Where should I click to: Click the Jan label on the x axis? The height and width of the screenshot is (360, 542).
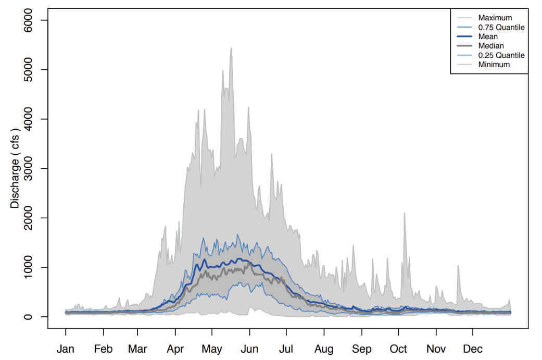point(66,349)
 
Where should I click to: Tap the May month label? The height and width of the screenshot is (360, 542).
point(211,349)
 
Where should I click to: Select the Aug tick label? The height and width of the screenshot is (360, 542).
point(324,349)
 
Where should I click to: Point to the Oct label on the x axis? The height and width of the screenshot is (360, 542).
point(398,349)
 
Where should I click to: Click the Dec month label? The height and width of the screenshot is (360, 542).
point(473,349)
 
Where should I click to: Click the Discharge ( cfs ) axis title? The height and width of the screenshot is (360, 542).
point(15,168)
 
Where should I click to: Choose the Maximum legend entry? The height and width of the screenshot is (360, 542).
point(495,18)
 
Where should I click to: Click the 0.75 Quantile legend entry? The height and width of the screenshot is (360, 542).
point(501,27)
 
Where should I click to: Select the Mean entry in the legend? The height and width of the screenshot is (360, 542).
point(488,36)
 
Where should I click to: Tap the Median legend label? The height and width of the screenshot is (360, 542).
point(491,46)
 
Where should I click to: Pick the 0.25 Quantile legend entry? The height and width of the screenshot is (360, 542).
point(501,55)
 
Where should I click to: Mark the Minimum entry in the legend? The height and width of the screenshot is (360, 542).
point(494,65)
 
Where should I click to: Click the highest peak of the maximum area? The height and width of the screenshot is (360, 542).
point(231,48)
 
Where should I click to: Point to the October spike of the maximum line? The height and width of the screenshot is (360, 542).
point(404,214)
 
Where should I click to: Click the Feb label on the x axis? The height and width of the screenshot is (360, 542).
point(103,349)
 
